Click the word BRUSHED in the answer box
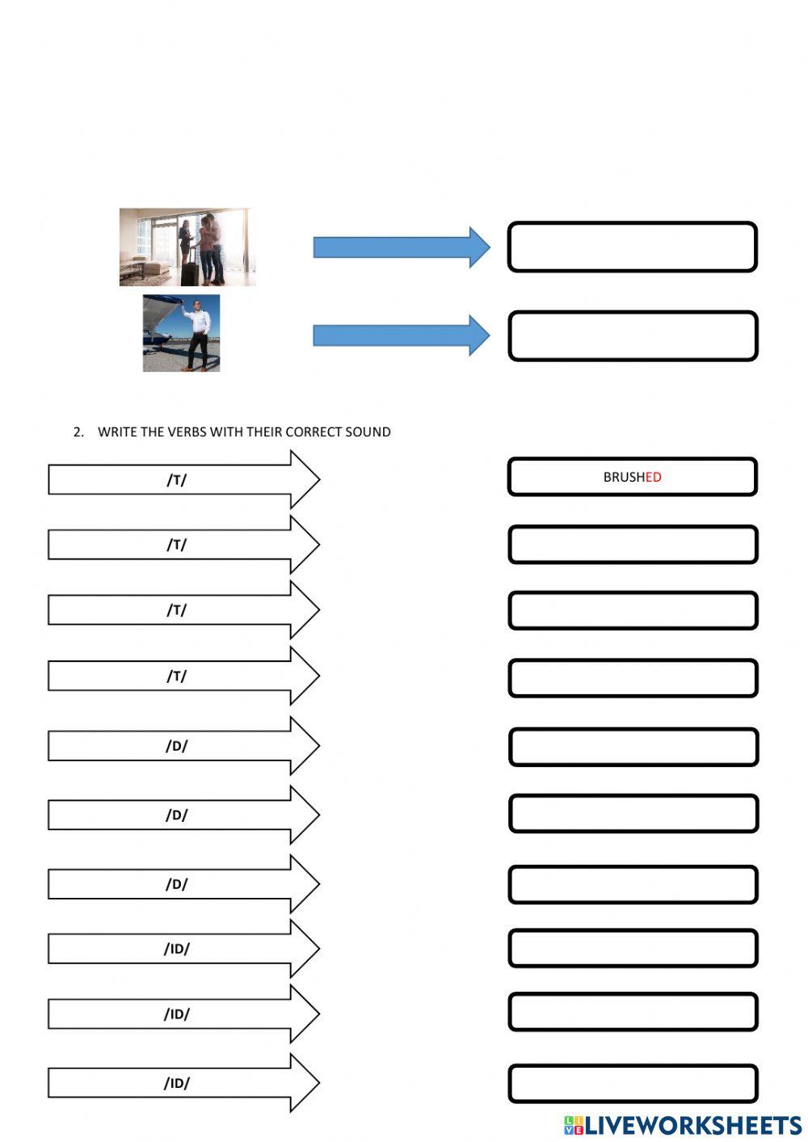coord(632,477)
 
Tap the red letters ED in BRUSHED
coord(653,477)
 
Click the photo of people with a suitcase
coord(187,247)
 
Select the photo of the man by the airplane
coord(181,333)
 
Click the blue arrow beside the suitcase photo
coord(401,247)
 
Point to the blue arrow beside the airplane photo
coord(401,335)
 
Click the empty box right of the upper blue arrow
coord(633,247)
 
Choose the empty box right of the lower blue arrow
coord(633,335)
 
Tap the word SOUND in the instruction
coord(368,432)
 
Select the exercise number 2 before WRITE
coord(78,432)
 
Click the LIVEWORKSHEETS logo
coord(683,1125)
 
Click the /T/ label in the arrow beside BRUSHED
coord(176,479)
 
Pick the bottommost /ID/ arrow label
coord(176,1083)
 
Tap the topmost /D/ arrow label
coord(176,745)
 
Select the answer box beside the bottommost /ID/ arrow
coord(633,1083)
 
